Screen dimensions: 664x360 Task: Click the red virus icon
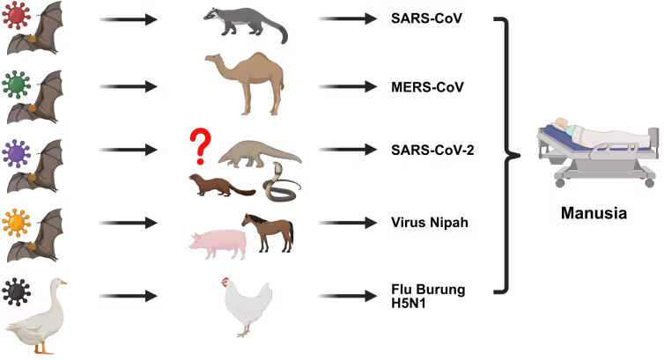click(17, 15)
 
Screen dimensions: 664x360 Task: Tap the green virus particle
click(17, 84)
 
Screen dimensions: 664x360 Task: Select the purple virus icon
click(17, 153)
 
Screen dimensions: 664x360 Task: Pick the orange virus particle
click(17, 223)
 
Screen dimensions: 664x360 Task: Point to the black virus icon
click(17, 292)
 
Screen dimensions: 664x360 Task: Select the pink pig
click(218, 244)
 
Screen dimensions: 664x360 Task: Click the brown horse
click(269, 232)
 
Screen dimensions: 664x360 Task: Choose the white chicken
click(247, 305)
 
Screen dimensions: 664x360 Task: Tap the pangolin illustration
click(260, 154)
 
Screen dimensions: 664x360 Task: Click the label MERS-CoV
click(427, 87)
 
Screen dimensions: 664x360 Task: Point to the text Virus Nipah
click(430, 223)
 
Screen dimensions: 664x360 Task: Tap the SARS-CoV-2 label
click(432, 150)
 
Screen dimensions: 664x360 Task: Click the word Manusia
click(594, 213)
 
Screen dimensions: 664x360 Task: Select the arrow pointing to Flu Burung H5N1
click(348, 296)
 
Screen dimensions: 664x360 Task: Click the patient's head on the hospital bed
click(562, 122)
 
